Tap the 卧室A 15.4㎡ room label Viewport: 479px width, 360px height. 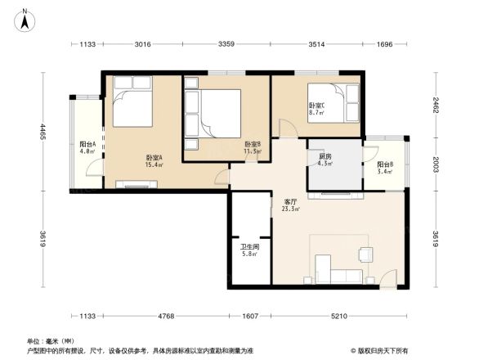point(153,161)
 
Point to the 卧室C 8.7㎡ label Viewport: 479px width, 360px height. point(316,108)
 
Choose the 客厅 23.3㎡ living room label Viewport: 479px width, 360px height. point(290,205)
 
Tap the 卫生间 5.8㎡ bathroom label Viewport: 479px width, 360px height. point(249,250)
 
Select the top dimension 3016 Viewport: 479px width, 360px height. point(143,44)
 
